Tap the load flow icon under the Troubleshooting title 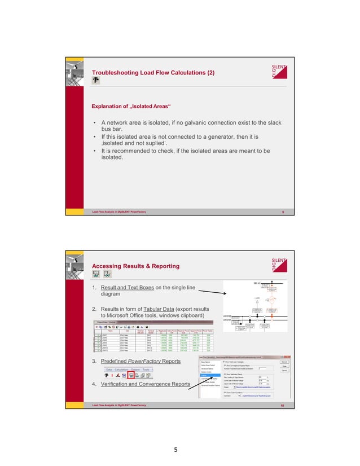pyautogui.click(x=96, y=81)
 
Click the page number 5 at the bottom pyautogui.click(x=179, y=450)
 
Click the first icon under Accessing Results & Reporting pyautogui.click(x=96, y=275)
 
